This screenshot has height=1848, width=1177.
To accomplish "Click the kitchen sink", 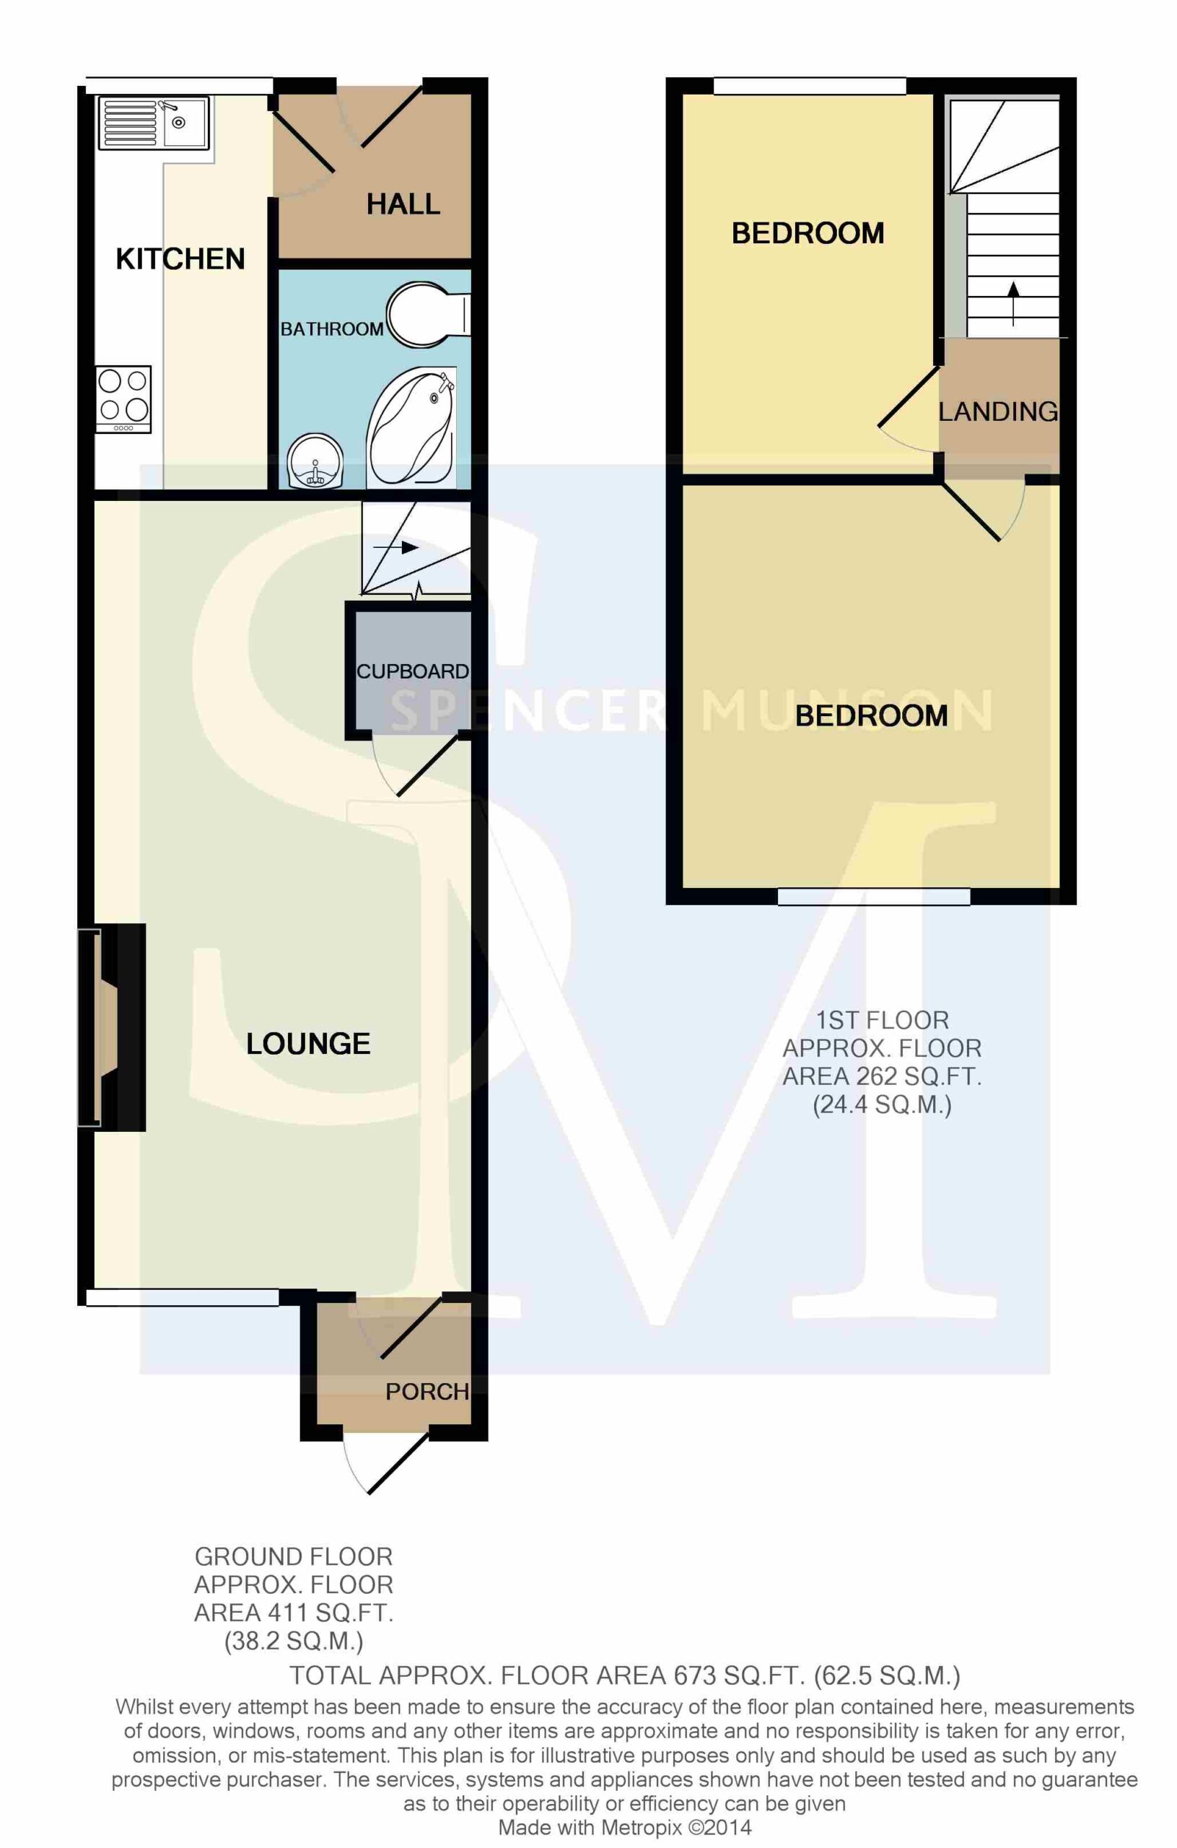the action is point(154,122).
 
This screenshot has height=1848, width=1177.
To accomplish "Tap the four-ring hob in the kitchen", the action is point(123,399).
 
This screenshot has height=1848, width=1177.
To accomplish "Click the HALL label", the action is point(403,204).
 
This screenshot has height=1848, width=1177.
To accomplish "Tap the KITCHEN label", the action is point(180,259).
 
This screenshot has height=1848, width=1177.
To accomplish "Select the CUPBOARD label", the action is point(413,671).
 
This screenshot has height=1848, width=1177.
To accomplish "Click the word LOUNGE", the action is point(308,1044).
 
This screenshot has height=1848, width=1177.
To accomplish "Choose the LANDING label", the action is point(998,412).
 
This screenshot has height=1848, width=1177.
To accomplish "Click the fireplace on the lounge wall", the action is point(111,1028).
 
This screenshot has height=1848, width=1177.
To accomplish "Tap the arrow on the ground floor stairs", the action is point(396,548).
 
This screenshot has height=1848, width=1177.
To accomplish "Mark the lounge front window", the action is point(183,1297).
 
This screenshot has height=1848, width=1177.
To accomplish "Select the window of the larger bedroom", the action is point(874,897).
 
